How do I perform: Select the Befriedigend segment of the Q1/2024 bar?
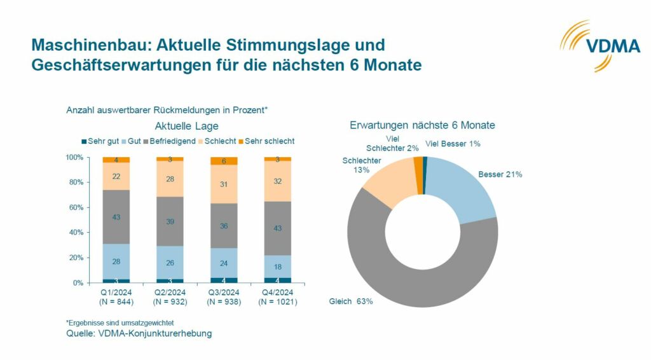click(116, 217)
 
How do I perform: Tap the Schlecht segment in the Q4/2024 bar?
click(277, 181)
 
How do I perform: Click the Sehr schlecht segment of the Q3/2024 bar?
click(223, 161)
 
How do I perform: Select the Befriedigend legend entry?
click(168, 141)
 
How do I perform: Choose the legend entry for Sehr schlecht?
click(266, 141)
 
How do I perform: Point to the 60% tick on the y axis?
click(75, 207)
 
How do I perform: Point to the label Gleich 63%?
click(350, 301)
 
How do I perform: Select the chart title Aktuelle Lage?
click(187, 127)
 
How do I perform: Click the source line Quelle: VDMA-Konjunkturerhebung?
click(139, 333)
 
